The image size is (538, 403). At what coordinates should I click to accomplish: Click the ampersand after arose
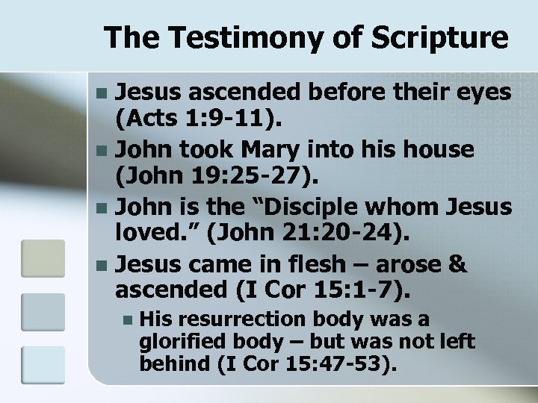click(457, 263)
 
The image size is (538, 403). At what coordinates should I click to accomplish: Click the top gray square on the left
click(37, 257)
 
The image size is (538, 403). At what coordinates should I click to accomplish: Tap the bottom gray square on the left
click(37, 365)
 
